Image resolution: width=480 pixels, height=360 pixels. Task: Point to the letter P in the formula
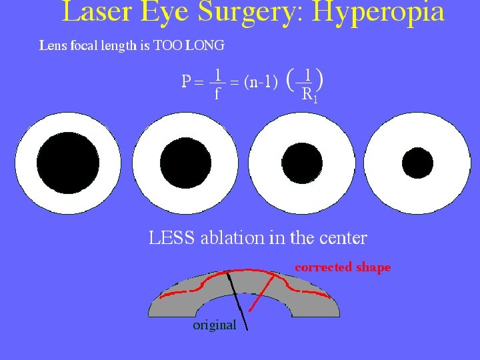[187, 82]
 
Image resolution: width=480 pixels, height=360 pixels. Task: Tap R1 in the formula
[309, 95]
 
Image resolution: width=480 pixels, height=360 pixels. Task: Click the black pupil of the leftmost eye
[68, 163]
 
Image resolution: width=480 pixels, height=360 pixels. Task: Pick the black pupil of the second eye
[185, 163]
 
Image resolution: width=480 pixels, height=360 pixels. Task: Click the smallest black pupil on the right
[417, 162]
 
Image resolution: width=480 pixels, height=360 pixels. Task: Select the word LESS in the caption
[171, 237]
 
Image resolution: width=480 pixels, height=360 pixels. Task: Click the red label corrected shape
[343, 267]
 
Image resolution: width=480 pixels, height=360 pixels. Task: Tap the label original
[214, 325]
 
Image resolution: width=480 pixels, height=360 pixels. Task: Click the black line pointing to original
[237, 300]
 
